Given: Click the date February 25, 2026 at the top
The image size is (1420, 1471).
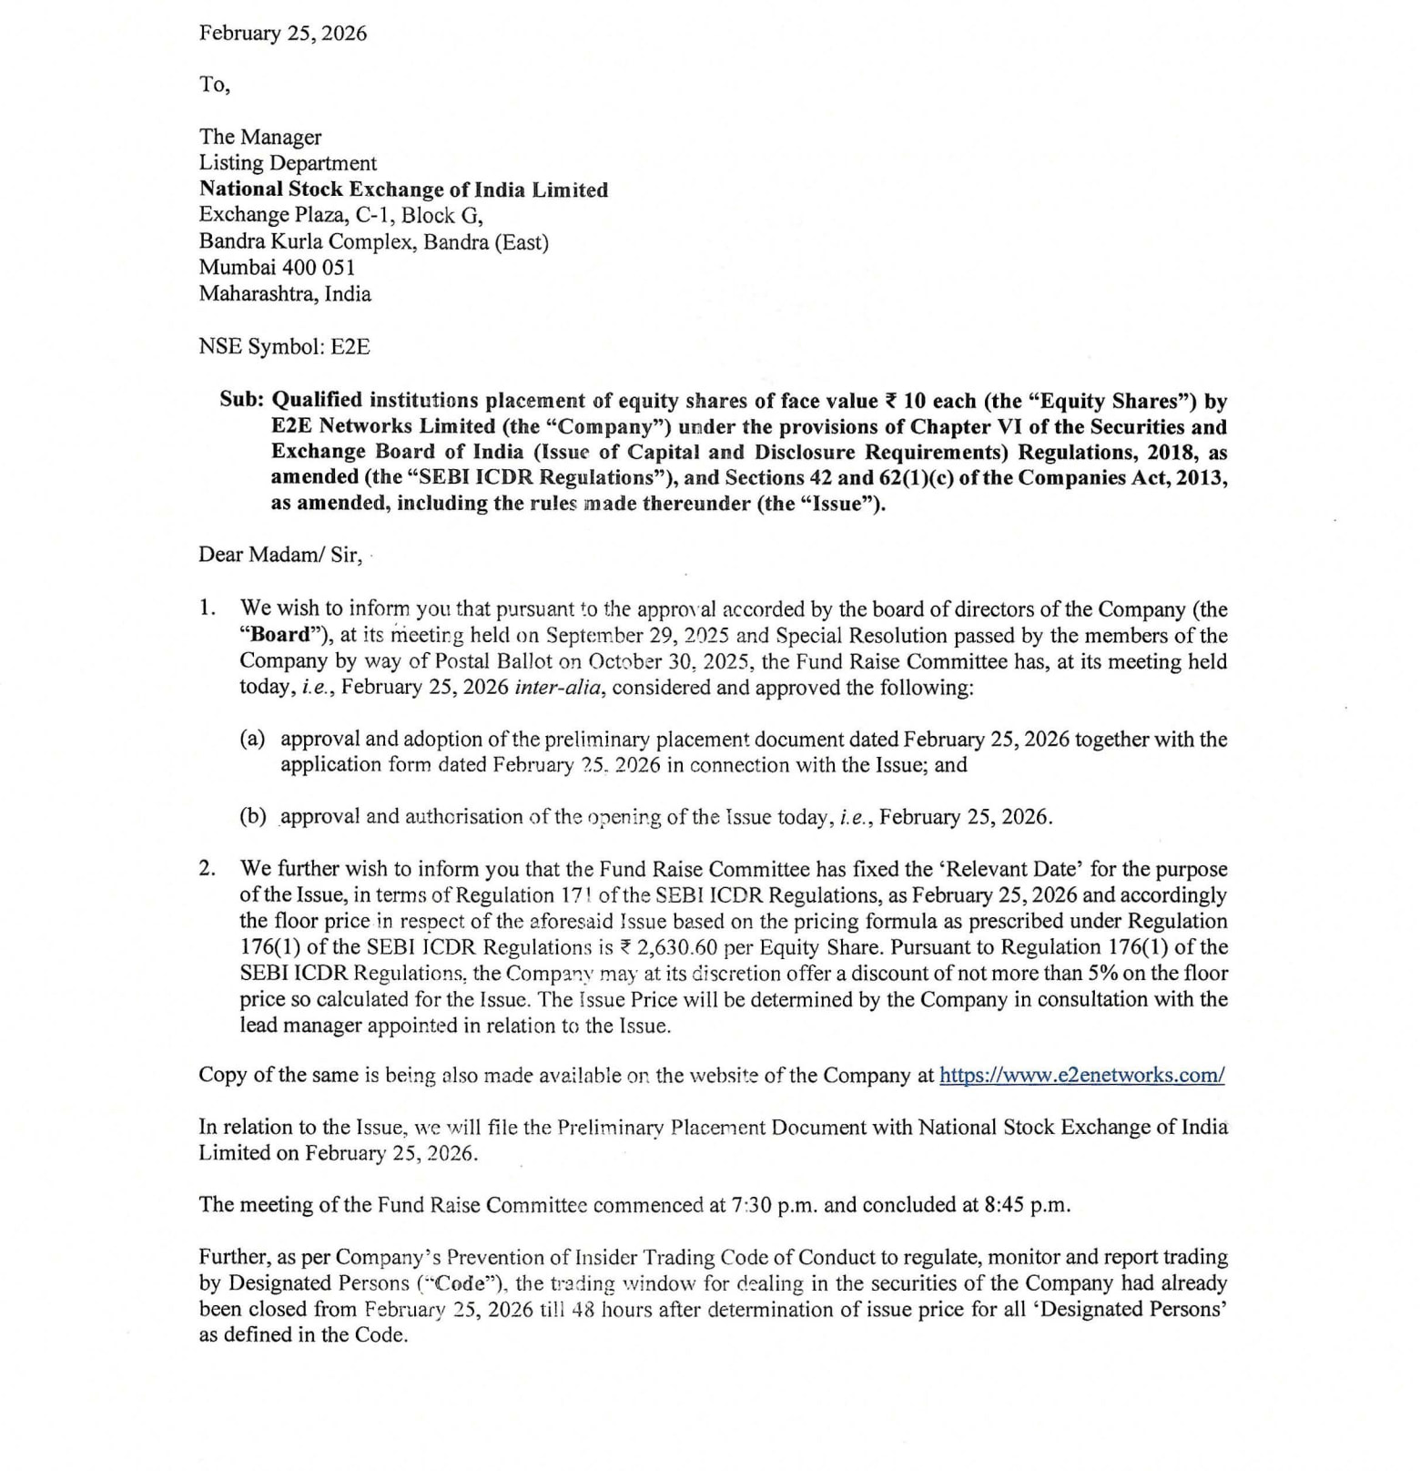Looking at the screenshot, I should pyautogui.click(x=283, y=34).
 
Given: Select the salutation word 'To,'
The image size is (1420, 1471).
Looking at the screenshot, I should pyautogui.click(x=215, y=85).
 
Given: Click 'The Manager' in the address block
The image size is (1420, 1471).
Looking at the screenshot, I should pyautogui.click(x=260, y=137).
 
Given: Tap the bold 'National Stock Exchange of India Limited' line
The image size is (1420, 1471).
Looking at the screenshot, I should pyautogui.click(x=403, y=189).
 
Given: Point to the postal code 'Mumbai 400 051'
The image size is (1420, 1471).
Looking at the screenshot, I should pyautogui.click(x=277, y=268).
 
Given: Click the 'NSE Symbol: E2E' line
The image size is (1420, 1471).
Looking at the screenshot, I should pyautogui.click(x=284, y=347).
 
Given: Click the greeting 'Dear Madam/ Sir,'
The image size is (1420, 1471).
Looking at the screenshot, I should pyautogui.click(x=280, y=555).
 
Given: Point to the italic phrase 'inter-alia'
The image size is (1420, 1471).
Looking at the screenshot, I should pyautogui.click(x=558, y=687).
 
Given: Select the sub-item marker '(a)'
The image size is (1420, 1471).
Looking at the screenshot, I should pyautogui.click(x=252, y=739).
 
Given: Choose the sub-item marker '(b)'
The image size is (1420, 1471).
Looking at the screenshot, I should pyautogui.click(x=252, y=816).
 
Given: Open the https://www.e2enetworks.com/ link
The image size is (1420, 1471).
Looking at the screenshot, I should pyautogui.click(x=1081, y=1075).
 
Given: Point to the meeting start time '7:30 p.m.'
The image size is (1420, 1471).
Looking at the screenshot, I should pyautogui.click(x=775, y=1205).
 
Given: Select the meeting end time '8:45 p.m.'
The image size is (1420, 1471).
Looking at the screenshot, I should pyautogui.click(x=1028, y=1205).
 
